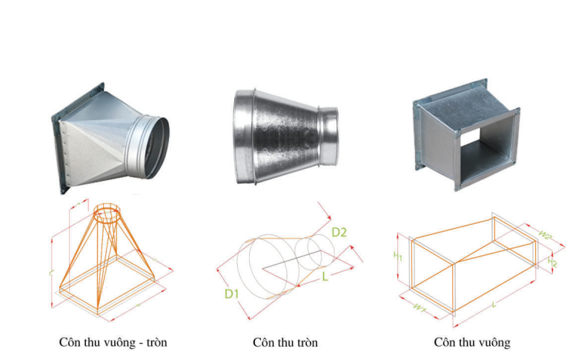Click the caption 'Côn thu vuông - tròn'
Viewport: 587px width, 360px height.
pos(118,342)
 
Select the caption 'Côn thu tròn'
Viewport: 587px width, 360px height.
pos(285,342)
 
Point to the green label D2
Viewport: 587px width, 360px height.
pos(339,233)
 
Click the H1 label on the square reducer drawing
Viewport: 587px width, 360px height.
pos(398,256)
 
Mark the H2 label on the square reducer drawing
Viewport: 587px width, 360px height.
pos(551,262)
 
